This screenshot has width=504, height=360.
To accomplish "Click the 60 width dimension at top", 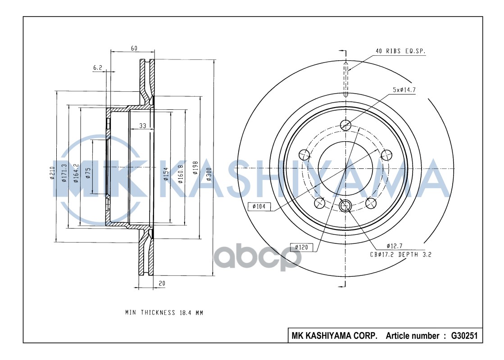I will [x=134, y=48].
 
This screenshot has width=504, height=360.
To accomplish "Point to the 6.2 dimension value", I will [x=98, y=67].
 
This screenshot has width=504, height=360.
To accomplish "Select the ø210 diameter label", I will [x=53, y=173].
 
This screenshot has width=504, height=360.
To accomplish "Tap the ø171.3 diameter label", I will [x=64, y=173].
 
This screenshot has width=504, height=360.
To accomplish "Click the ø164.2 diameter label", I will [x=77, y=173].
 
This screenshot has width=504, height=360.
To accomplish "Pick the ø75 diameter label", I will [x=88, y=173].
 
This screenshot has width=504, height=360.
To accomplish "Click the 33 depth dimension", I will [x=142, y=126].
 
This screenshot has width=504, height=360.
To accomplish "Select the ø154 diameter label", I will [x=166, y=174].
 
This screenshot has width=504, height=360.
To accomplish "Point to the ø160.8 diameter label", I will [x=181, y=173].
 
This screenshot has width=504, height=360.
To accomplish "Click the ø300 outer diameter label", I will [x=209, y=173].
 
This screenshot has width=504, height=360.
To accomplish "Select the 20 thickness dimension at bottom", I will [x=161, y=283].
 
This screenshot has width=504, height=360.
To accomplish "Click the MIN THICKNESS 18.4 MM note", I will [x=164, y=312].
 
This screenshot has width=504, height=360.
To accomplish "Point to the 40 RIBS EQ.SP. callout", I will [x=400, y=51].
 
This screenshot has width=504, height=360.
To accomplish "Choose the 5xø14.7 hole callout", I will [x=404, y=90].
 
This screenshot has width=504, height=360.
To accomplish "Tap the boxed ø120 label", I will [x=302, y=247].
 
